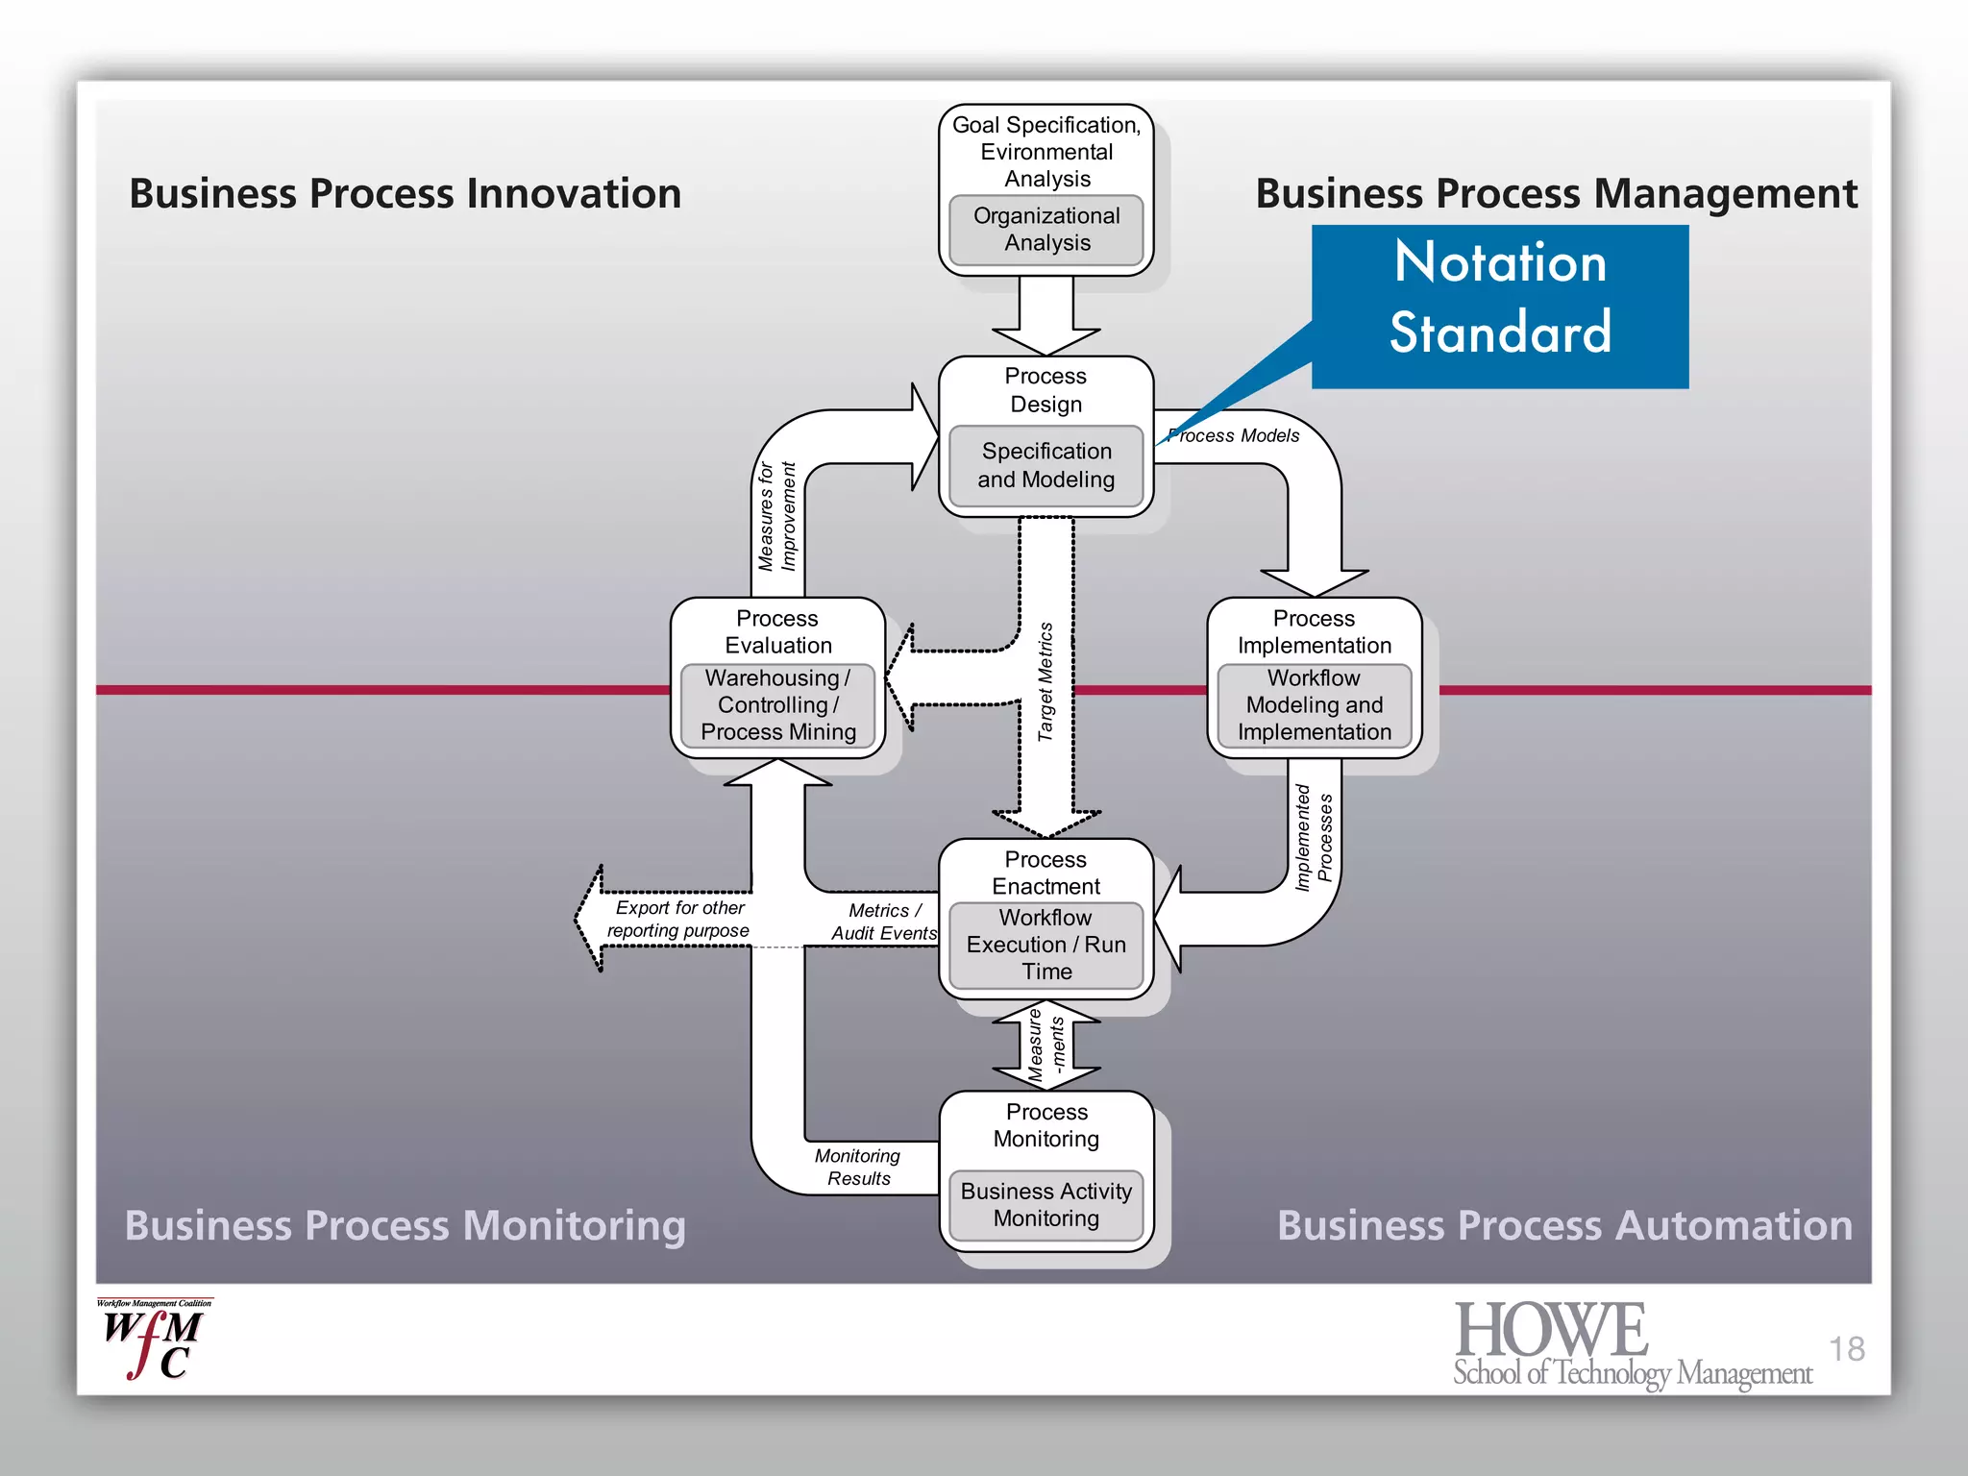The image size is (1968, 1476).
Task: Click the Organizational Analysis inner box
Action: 1045,230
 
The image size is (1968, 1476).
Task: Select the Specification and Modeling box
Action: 1045,465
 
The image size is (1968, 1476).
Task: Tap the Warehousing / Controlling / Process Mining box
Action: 777,705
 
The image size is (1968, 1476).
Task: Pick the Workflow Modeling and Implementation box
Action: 1314,705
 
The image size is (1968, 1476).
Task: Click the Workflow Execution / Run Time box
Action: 1045,945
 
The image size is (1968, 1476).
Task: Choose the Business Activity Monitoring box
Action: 1045,1205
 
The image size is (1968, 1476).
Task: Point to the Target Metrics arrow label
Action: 1045,681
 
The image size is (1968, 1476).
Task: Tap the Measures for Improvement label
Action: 776,516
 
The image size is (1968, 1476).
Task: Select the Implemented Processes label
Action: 1314,837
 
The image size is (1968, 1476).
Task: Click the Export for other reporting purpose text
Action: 679,919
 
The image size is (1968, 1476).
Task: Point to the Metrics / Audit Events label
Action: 883,922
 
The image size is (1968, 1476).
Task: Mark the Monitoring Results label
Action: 858,1167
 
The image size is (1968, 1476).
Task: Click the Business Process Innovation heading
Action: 405,193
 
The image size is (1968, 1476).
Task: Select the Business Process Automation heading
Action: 1564,1225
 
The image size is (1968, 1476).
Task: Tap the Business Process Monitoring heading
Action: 405,1225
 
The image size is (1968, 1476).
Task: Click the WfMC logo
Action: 154,1341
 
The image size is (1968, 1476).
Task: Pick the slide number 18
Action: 1846,1348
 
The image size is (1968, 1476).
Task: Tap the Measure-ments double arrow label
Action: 1045,1045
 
